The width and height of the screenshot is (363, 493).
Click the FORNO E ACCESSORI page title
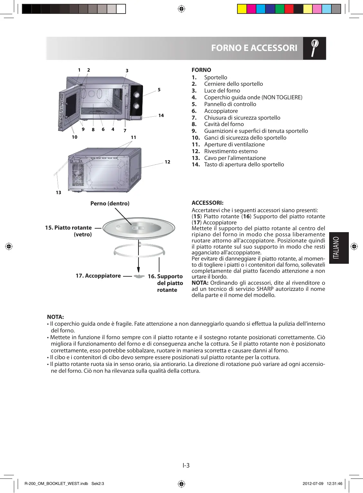click(254, 48)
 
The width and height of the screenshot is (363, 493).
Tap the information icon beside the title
click(314, 48)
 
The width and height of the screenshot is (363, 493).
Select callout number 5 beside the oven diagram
click(159, 90)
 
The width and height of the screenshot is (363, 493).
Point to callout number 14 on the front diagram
click(161, 115)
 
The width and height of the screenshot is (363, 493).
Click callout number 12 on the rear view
click(167, 162)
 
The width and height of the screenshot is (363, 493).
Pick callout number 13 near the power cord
click(58, 192)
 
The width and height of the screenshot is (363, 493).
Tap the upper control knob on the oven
click(137, 95)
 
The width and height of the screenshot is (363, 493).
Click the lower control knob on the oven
click(136, 106)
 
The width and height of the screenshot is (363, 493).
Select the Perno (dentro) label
click(110, 203)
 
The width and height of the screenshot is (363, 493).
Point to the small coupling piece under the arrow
click(139, 277)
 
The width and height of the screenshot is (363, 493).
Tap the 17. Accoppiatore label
click(98, 276)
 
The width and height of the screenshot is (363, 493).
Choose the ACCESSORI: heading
click(207, 203)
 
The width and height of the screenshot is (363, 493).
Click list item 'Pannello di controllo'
click(230, 104)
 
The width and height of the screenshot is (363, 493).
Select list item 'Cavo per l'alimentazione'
click(235, 158)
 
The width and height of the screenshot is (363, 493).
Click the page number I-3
click(186, 465)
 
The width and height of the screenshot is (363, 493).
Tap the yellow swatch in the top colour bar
click(242, 9)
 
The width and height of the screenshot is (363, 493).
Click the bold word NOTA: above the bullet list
click(55, 317)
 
